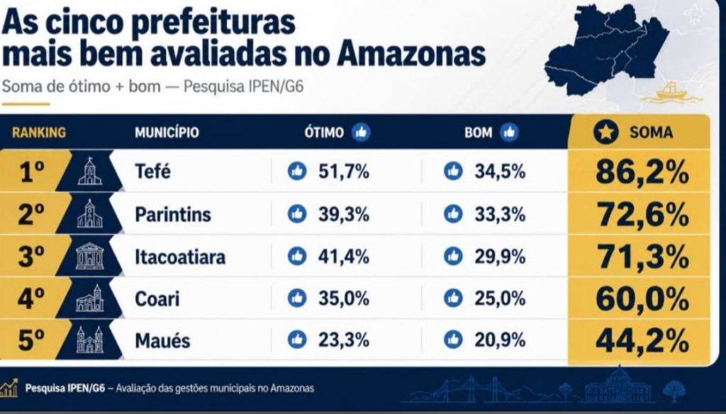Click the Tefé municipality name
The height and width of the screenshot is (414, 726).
(153, 172)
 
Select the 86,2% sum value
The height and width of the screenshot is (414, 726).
(642, 172)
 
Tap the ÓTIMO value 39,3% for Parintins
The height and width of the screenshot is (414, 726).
(344, 214)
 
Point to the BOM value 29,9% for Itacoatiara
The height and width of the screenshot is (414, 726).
(500, 257)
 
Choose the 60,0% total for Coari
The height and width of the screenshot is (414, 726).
(642, 298)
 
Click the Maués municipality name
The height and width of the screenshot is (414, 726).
(162, 341)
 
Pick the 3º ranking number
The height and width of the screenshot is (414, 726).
(31, 257)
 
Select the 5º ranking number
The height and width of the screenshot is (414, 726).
(31, 340)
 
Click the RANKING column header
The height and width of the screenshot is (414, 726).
(39, 133)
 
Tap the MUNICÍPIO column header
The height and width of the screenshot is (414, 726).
(167, 133)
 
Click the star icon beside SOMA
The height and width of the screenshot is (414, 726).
(605, 133)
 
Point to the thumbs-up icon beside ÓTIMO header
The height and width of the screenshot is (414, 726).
(361, 133)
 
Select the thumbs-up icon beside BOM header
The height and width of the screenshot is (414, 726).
(509, 133)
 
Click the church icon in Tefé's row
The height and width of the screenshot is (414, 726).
(90, 172)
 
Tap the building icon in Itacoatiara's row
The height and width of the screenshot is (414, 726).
(90, 256)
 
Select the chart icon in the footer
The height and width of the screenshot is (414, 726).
(9, 388)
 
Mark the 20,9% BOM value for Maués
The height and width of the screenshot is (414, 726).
(500, 341)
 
